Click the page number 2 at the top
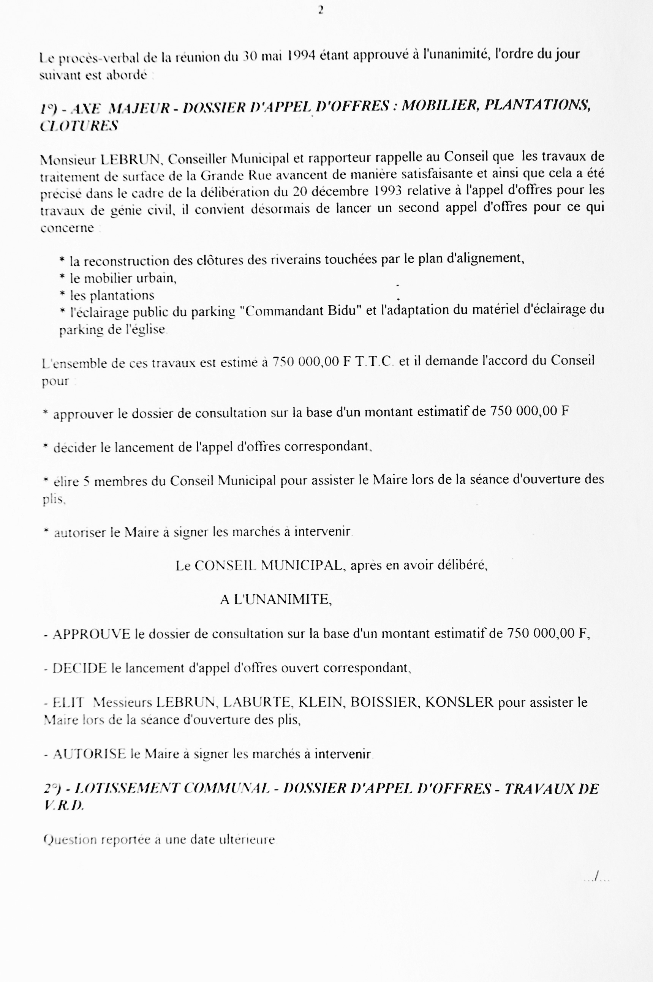pyautogui.click(x=321, y=10)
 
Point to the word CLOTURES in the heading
pyautogui.click(x=79, y=126)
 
